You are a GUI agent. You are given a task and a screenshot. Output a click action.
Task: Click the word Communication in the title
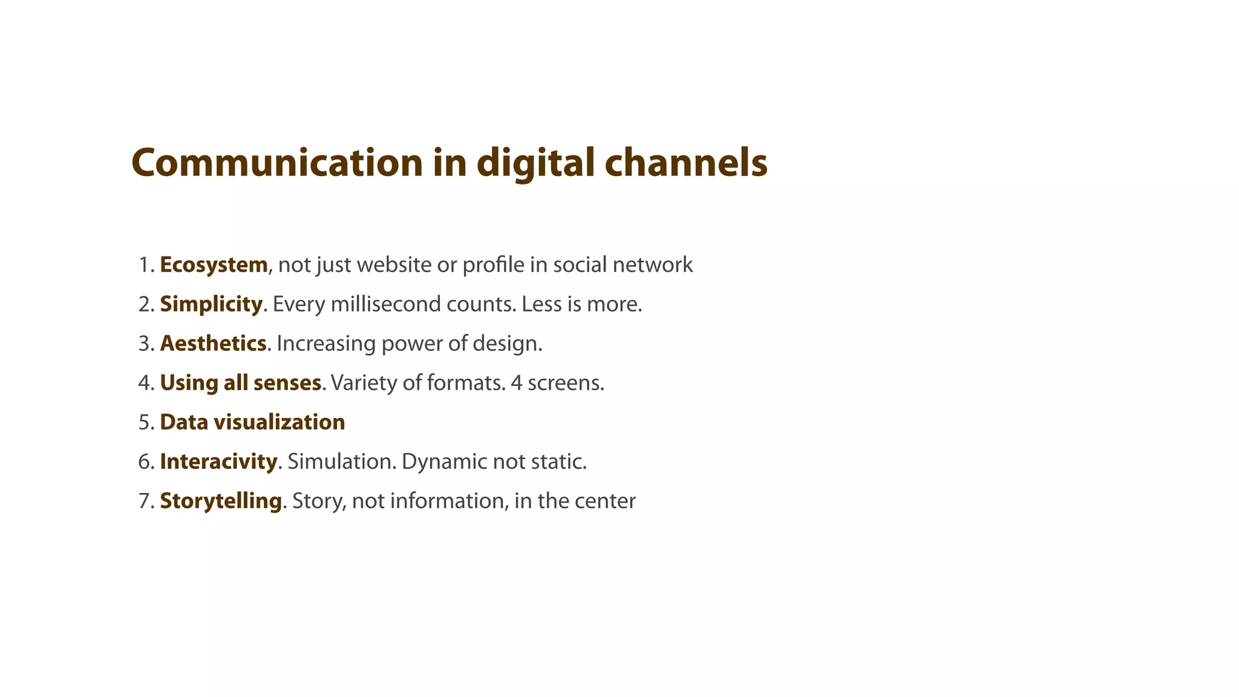click(x=277, y=163)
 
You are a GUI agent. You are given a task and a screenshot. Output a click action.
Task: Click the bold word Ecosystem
click(x=214, y=265)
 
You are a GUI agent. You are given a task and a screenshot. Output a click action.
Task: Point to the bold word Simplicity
click(x=211, y=304)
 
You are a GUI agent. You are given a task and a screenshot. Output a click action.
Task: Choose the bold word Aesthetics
click(x=213, y=343)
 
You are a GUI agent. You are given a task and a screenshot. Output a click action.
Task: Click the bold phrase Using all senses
click(x=240, y=382)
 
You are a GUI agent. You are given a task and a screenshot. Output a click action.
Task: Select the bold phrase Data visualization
click(x=252, y=422)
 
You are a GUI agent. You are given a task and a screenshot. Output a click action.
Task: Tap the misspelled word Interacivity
click(x=218, y=461)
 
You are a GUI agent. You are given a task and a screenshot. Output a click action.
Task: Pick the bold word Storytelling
click(x=221, y=500)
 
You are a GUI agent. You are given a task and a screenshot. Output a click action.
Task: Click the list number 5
click(x=146, y=422)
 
